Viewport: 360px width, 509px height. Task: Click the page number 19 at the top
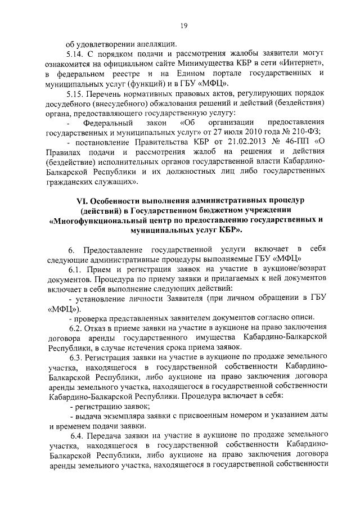pos(183,25)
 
